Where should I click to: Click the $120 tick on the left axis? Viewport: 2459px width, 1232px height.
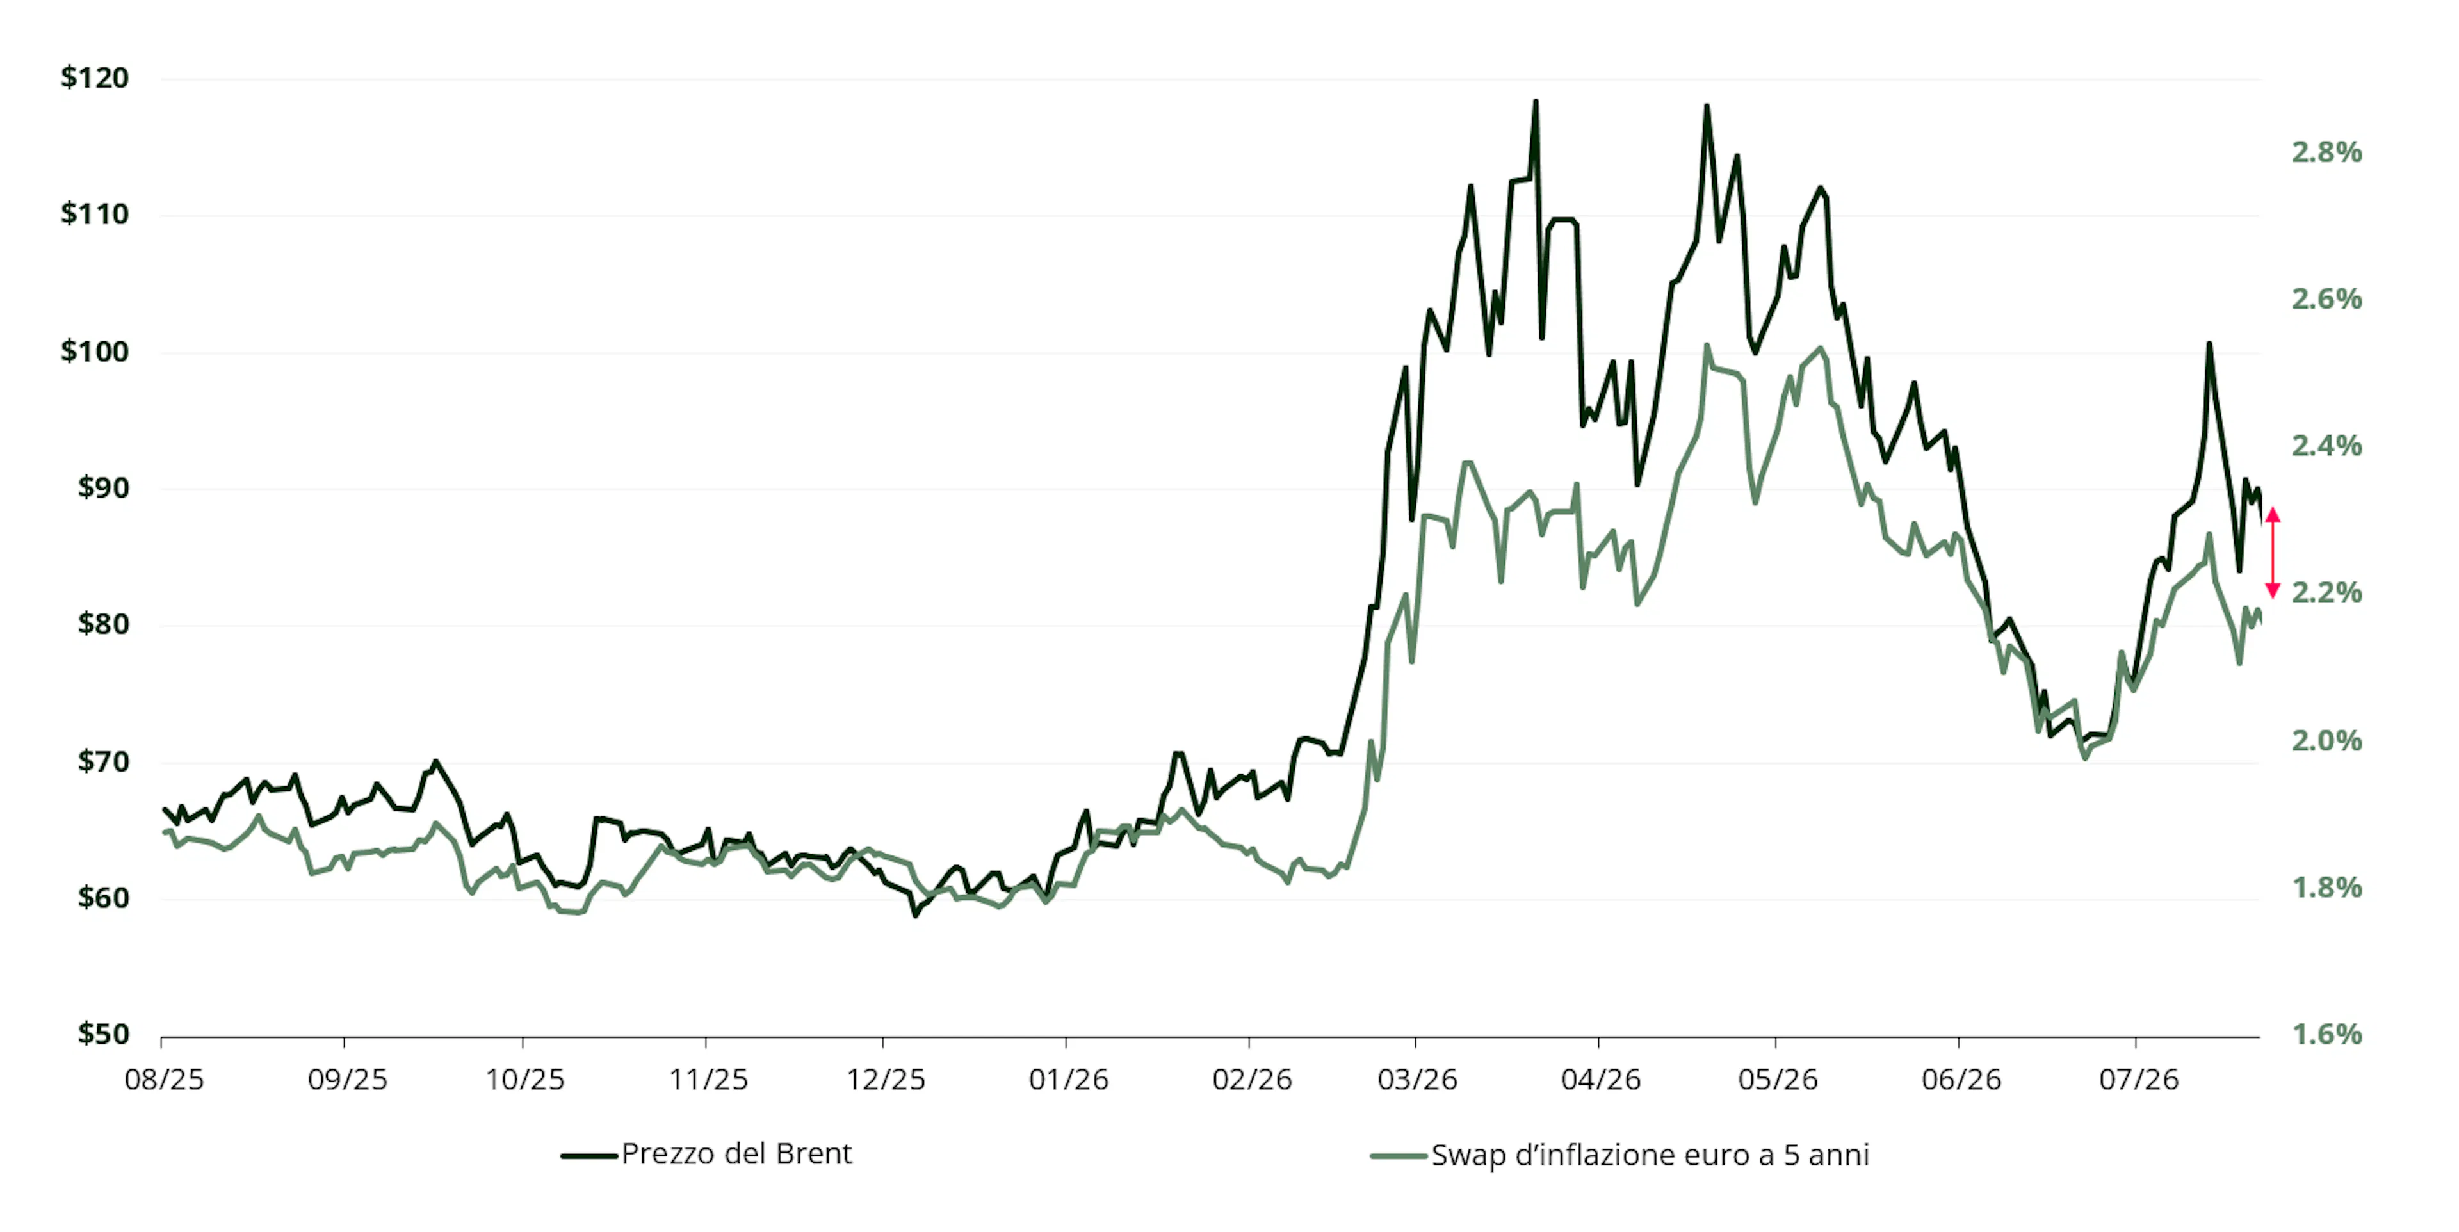[x=95, y=77]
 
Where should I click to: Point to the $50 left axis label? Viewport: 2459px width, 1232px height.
[x=103, y=1033]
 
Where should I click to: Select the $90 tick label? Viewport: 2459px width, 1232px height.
[x=103, y=488]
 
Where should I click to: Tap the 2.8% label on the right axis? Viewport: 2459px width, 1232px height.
[x=2326, y=152]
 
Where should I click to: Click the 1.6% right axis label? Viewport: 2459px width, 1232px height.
[x=2326, y=1033]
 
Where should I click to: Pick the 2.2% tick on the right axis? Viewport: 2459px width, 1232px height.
[x=2326, y=592]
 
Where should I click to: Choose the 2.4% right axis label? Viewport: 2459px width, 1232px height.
[x=2326, y=446]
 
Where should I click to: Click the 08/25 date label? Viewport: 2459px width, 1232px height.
[x=164, y=1080]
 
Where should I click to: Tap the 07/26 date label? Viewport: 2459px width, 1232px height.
[x=2138, y=1080]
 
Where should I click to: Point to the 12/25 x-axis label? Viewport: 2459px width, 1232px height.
[x=886, y=1080]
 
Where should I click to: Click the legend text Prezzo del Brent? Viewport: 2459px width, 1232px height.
[x=736, y=1154]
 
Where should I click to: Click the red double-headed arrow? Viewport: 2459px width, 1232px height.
[x=2273, y=553]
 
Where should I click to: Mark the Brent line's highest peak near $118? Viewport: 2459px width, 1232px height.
[x=1535, y=101]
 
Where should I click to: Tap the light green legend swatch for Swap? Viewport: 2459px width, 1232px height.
[x=1399, y=1156]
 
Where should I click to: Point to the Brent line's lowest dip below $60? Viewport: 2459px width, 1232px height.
[x=914, y=915]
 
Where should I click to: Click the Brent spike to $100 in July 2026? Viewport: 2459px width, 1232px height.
[x=2208, y=344]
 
